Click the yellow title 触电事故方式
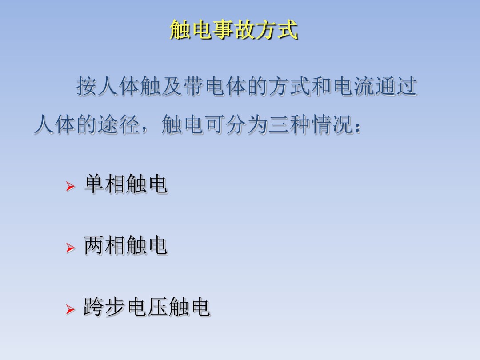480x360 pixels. coord(234,31)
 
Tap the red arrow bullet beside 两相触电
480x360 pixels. coord(69,248)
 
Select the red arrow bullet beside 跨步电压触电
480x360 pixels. coord(69,309)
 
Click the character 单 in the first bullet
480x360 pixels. coord(94,184)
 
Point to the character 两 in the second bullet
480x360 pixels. coord(94,245)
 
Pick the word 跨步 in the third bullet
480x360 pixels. coord(105,307)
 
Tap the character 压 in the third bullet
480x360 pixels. coord(158,307)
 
